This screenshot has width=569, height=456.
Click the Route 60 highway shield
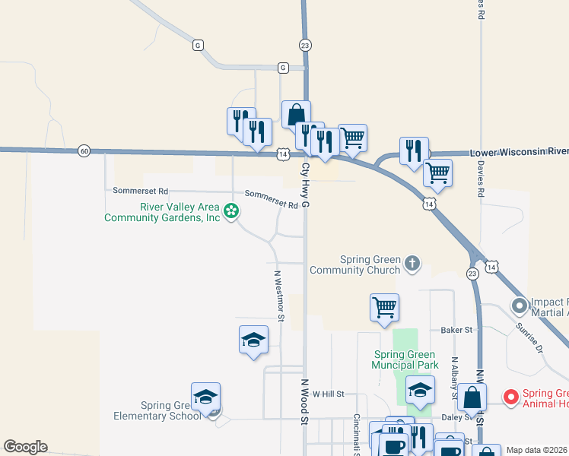pos(84,151)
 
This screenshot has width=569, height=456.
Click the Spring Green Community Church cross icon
pos(412,264)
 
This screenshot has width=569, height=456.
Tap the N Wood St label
pos(304,402)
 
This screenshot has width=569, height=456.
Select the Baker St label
pos(457,330)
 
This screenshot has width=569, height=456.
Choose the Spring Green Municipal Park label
pos(406,359)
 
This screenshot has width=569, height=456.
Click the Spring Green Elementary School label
pos(157,410)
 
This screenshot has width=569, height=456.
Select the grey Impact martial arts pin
pos(520,306)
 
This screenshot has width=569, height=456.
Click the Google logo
pos(25,447)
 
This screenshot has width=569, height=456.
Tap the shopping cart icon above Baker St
pos(385,308)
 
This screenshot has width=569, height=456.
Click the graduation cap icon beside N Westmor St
pos(253,339)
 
